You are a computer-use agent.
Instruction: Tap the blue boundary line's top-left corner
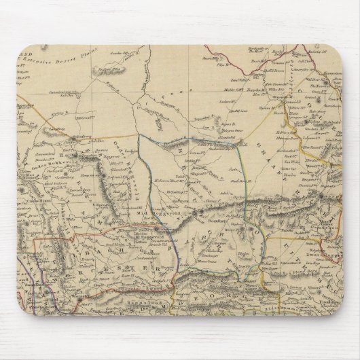[x=140, y=136]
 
